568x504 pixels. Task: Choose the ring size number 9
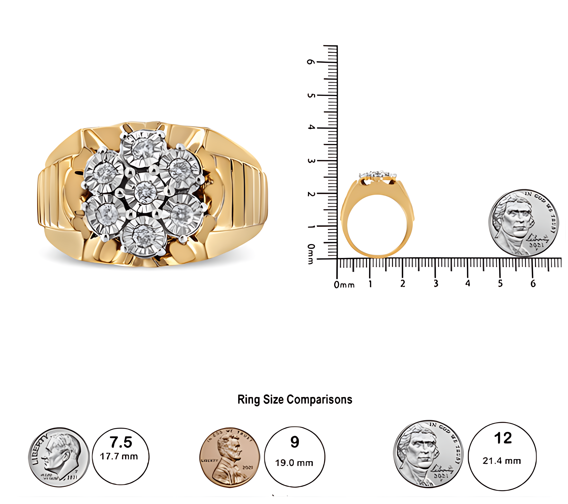point(295,442)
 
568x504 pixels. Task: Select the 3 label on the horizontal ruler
point(436,283)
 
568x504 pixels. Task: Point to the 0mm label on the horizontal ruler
point(344,285)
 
